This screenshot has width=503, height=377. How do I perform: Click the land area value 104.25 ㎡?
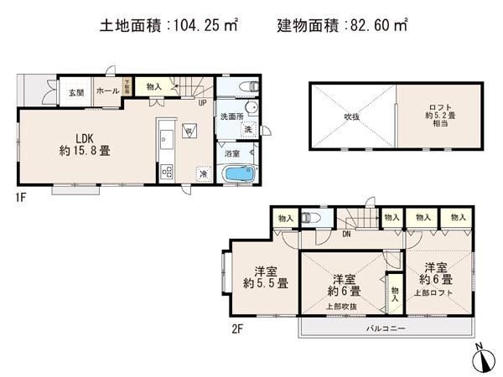(201, 26)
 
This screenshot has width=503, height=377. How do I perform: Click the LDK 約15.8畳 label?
(85, 144)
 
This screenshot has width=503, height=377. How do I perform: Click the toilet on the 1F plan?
(246, 86)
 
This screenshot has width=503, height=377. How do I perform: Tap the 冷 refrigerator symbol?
(204, 173)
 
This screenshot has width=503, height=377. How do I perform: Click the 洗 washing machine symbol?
(247, 130)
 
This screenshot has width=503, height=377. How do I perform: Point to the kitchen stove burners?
(166, 172)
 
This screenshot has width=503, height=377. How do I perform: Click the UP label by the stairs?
(203, 104)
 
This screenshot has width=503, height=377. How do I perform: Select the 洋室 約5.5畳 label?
(267, 276)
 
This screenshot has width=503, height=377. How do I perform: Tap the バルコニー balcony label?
(386, 328)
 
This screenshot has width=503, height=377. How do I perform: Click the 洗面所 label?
(231, 116)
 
